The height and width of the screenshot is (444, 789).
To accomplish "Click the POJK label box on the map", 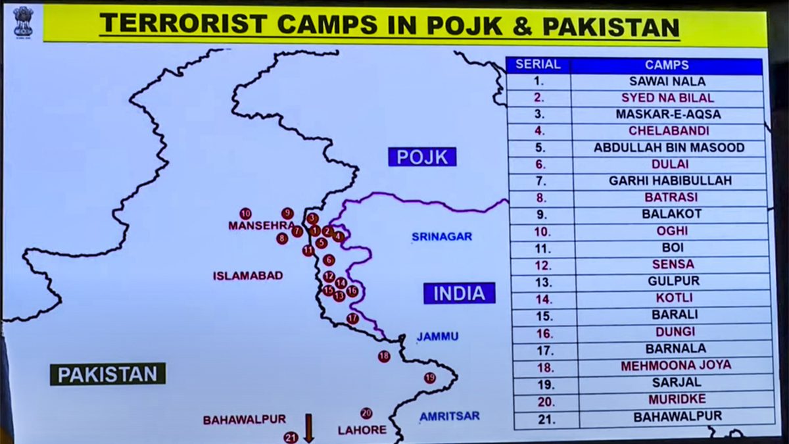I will point(422,157).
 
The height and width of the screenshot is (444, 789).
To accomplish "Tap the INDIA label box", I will point(459,293).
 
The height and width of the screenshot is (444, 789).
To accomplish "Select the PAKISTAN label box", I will point(108,374).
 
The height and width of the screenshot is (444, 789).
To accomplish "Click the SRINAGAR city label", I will point(441,236).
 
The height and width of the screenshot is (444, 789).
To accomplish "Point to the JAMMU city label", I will point(437,337).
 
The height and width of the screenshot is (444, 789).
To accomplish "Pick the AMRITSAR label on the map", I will point(449,416).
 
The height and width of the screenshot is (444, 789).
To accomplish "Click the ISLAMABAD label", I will point(248,276).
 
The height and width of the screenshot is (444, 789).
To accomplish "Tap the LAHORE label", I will point(362,430).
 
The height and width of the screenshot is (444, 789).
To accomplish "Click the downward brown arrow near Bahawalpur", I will point(308,427).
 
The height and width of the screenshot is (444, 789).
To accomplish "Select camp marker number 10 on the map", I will point(245,213).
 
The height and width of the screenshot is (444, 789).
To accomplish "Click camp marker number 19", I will point(429,378).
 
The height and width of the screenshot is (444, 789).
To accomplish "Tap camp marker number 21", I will point(291,437).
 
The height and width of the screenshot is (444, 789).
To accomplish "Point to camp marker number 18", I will point(384,357).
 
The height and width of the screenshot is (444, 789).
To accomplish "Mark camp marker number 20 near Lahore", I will point(366,413).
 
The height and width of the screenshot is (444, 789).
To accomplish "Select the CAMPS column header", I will point(667,65).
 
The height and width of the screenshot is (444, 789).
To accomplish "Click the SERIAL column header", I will point(538,64).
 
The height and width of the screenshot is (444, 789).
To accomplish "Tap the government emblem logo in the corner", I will point(23,21).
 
